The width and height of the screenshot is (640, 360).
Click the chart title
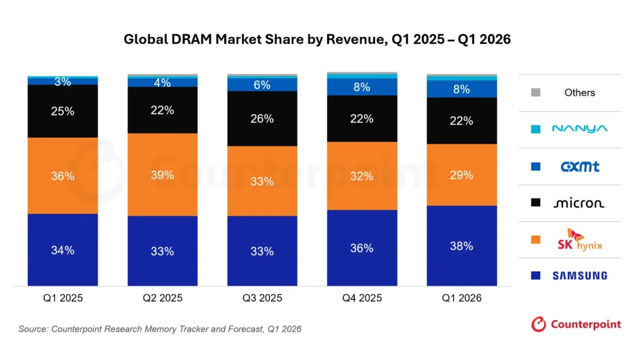click(x=317, y=39)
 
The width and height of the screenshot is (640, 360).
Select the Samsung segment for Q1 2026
click(x=462, y=246)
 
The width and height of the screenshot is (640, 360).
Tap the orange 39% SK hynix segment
click(x=162, y=174)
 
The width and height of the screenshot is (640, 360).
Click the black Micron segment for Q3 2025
click(x=262, y=118)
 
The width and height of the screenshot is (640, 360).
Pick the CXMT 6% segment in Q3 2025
click(x=262, y=85)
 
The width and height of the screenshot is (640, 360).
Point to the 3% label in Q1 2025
click(x=62, y=82)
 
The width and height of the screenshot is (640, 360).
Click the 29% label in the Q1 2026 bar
click(x=461, y=175)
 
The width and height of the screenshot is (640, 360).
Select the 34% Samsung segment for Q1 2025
click(x=62, y=250)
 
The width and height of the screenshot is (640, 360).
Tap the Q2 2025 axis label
click(x=162, y=298)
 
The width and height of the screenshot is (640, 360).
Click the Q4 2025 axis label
click(x=362, y=298)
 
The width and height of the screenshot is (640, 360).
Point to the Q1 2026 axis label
click(x=461, y=298)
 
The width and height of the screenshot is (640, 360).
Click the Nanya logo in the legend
click(x=580, y=129)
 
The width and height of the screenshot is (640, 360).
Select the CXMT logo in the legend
click(x=580, y=166)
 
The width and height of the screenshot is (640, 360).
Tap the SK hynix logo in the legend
click(x=580, y=239)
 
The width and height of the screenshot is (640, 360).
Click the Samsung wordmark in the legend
click(x=580, y=275)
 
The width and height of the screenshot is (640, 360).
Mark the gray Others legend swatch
click(x=535, y=92)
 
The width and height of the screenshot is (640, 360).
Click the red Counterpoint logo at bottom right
click(x=576, y=324)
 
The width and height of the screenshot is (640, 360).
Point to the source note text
click(x=160, y=329)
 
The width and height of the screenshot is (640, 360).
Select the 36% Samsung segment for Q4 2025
click(x=362, y=247)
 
